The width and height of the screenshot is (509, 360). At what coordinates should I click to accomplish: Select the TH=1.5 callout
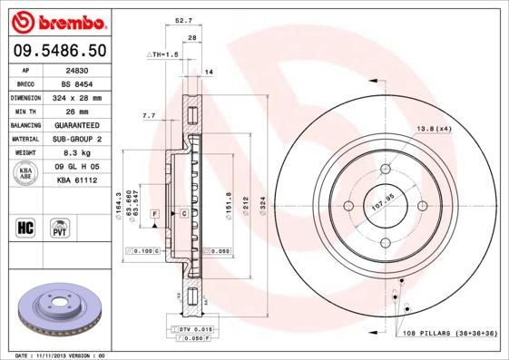pyautogui.click(x=163, y=55)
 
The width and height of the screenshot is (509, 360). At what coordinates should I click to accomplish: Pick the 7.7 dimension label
pyautogui.click(x=149, y=116)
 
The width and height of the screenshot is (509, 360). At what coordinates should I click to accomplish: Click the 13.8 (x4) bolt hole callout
pyautogui.click(x=434, y=130)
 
